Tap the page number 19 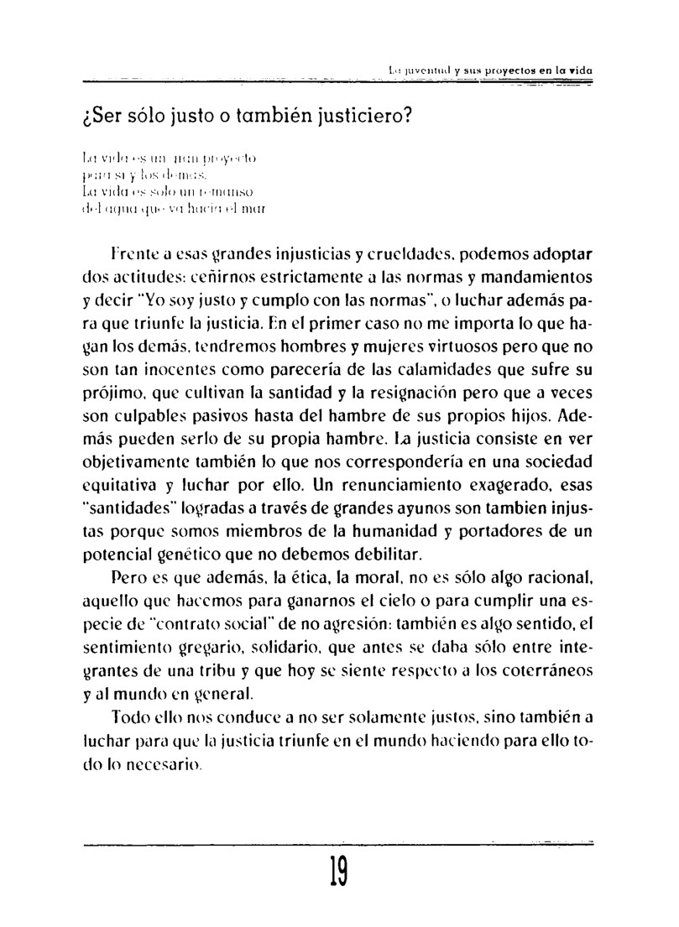click(340, 881)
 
